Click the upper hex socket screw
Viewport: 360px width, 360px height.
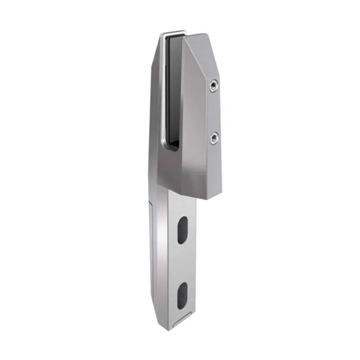213,85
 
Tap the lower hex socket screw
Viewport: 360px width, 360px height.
214,139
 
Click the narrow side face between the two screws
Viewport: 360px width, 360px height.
214,112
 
